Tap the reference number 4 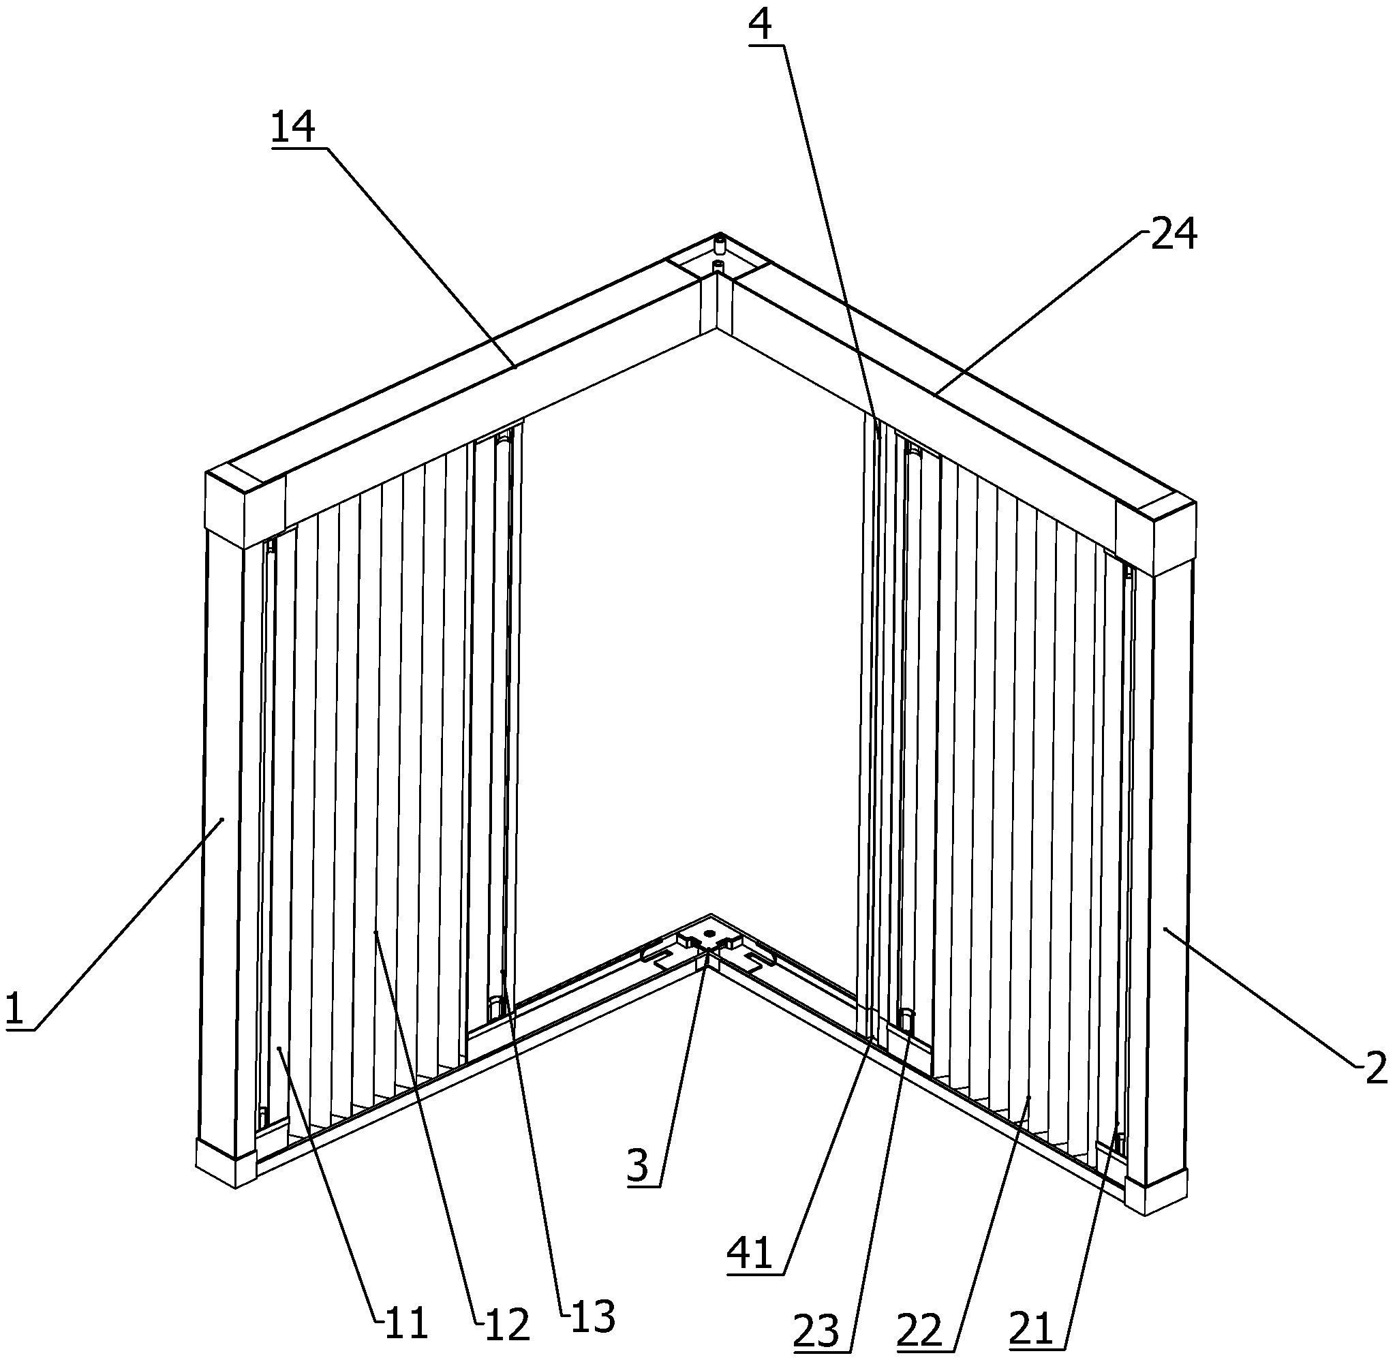pos(761,25)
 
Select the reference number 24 pos(1174,234)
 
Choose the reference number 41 pos(750,1254)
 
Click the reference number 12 pos(506,1324)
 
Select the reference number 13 pos(592,1316)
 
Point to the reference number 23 pos(817,1331)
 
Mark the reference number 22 pos(921,1330)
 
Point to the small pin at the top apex pos(721,246)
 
